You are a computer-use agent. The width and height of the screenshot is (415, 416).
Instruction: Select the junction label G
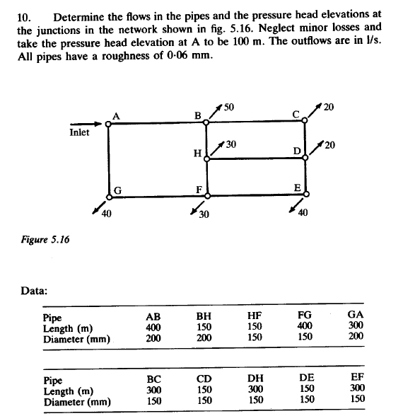(119, 189)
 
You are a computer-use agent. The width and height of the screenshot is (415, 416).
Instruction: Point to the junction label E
(298, 187)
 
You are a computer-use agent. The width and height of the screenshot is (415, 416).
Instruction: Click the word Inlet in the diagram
(79, 132)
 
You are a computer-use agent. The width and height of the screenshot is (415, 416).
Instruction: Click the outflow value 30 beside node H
(231, 144)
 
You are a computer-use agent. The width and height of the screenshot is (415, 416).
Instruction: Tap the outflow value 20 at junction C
(328, 108)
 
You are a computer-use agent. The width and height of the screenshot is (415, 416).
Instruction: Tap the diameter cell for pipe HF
(255, 337)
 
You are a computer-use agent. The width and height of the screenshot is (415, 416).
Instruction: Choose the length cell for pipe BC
(153, 389)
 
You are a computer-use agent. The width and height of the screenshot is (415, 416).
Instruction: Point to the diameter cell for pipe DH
(255, 400)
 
